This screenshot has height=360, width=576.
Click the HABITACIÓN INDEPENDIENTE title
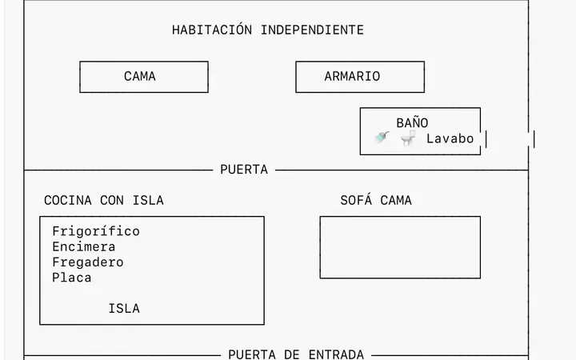click(x=268, y=30)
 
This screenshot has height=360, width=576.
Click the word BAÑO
click(x=412, y=122)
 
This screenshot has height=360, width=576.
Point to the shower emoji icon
click(x=382, y=137)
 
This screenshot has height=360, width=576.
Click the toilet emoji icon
click(x=408, y=138)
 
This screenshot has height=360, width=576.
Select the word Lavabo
click(x=450, y=139)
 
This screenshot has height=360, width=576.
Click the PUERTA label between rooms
click(x=244, y=170)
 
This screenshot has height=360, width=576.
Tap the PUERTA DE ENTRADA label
click(x=296, y=354)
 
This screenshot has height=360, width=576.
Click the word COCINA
click(x=68, y=200)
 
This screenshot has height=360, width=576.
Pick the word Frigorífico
click(x=96, y=231)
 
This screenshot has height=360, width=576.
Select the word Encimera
click(x=84, y=246)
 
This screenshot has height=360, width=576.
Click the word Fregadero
click(x=88, y=262)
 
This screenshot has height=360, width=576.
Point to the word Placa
click(x=72, y=278)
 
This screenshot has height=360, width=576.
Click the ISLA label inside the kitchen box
click(x=124, y=308)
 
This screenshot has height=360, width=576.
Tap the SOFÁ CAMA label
click(x=376, y=200)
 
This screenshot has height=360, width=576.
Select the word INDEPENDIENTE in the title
click(x=312, y=30)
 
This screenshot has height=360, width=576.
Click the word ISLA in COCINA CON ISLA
click(x=148, y=200)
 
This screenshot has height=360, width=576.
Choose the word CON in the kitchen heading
click(x=112, y=200)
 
